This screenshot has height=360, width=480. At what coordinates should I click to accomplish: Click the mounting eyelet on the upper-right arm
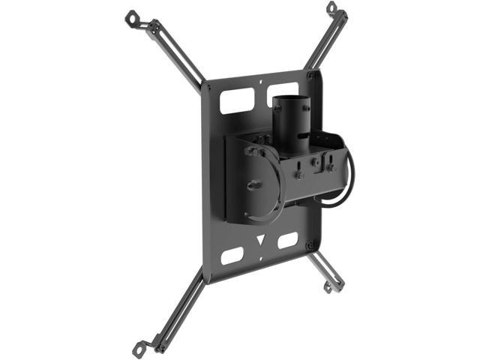click(x=331, y=7)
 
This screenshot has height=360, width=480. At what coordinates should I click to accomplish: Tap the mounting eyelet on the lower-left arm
click(x=139, y=346)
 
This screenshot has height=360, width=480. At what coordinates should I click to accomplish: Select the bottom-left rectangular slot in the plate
click(x=232, y=255)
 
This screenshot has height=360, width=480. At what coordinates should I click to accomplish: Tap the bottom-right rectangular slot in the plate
click(x=287, y=241)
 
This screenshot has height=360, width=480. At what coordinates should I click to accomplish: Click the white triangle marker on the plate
click(x=261, y=241)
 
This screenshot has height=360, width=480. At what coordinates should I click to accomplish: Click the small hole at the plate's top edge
click(x=260, y=83)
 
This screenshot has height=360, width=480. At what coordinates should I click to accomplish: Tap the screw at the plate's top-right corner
click(x=310, y=75)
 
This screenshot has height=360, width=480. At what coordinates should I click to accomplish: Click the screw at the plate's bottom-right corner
click(x=309, y=245)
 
